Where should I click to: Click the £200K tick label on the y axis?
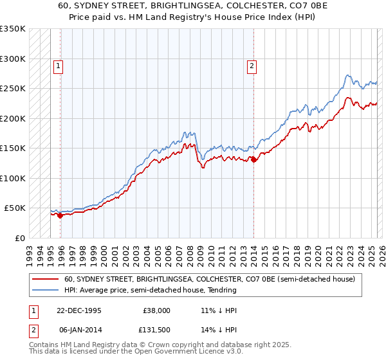(x=12, y=118)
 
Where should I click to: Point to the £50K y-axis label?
(x=15, y=208)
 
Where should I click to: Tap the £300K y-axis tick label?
(x=12, y=59)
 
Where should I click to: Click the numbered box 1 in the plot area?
(x=58, y=65)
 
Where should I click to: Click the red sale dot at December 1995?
(x=60, y=215)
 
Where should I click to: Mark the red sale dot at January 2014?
(x=253, y=159)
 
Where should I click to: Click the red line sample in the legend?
(x=46, y=279)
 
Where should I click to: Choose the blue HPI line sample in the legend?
(x=46, y=290)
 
